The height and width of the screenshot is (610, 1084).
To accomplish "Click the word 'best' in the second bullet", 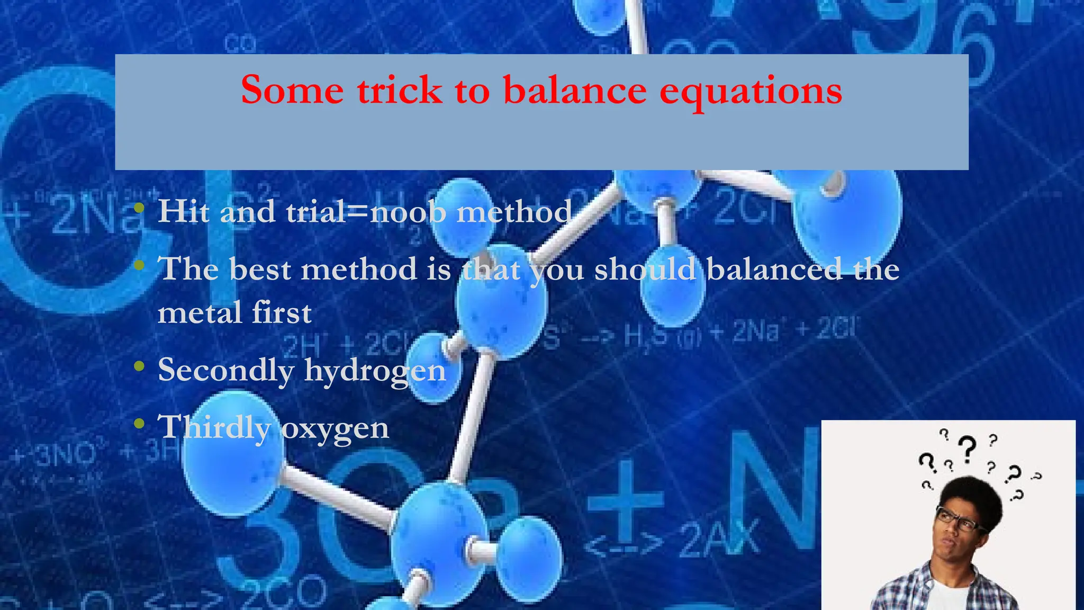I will coord(260,269).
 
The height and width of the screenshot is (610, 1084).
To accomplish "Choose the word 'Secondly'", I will coord(225,370).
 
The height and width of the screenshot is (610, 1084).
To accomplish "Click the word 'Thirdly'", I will coord(214,427).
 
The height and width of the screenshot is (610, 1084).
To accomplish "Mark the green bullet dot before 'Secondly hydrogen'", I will coord(139,366).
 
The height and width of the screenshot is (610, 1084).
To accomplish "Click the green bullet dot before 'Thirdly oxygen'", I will coord(139,424).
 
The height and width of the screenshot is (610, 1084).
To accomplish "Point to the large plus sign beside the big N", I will coord(626,500).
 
